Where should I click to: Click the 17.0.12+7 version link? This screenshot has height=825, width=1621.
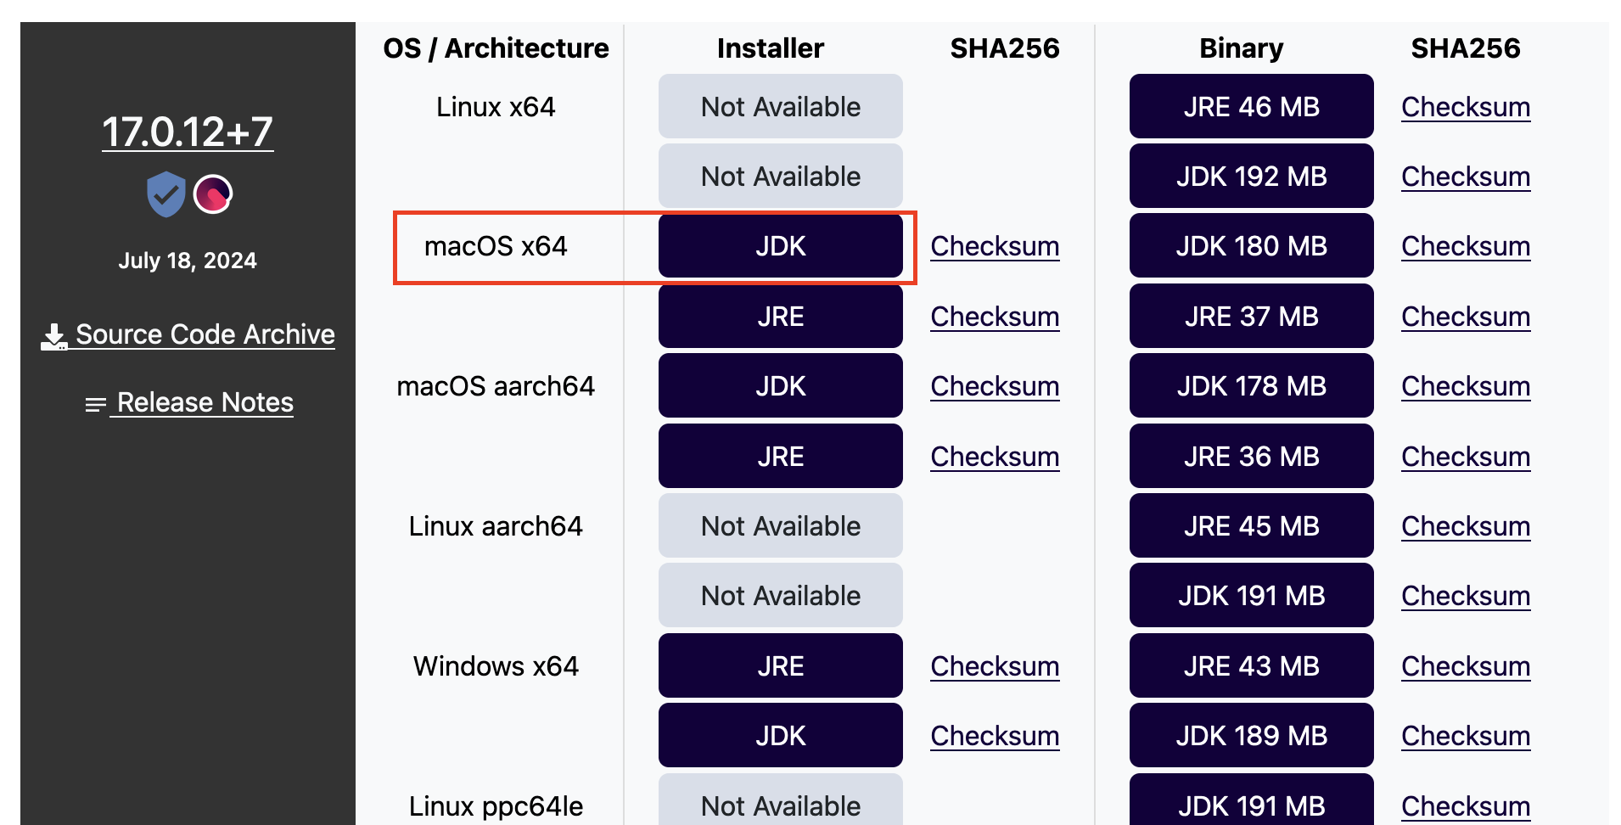pos(188,132)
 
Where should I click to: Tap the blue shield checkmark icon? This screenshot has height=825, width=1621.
pos(165,194)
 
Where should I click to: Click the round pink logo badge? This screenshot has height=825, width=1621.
pos(213,194)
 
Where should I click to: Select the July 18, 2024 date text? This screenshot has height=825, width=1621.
pos(188,261)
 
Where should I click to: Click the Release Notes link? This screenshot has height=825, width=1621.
pos(204,402)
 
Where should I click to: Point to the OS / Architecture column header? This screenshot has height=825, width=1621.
pos(496,48)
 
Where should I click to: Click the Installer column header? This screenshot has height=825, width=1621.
pos(770,48)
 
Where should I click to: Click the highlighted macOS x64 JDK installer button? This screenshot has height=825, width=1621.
pos(780,246)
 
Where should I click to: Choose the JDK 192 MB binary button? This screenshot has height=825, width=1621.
pos(1251,177)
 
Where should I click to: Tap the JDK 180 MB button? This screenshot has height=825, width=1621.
pos(1251,246)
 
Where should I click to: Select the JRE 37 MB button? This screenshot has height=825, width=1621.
pos(1251,317)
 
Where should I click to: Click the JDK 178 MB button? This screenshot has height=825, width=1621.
pos(1251,386)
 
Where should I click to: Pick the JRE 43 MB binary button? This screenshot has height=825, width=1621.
pos(1251,666)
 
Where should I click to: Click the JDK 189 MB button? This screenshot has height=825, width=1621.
pos(1251,736)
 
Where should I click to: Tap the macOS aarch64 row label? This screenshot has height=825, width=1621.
pos(496,386)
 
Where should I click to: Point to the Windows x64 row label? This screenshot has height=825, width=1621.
pos(496,666)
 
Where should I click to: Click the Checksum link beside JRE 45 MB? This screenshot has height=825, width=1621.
pos(1466,526)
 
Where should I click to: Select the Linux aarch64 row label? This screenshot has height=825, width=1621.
pos(496,526)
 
